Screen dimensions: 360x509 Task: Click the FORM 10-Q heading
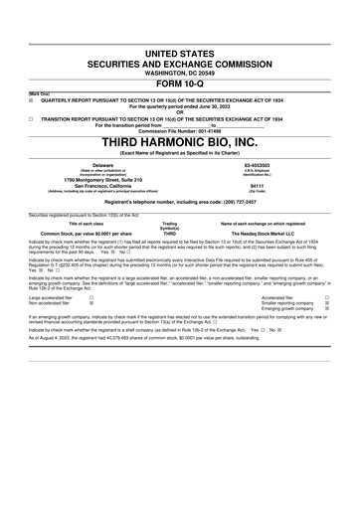point(179,83)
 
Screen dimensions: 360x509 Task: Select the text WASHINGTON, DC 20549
point(179,72)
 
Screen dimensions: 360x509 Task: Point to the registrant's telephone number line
point(180,201)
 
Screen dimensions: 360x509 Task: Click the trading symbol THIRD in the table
point(169,233)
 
